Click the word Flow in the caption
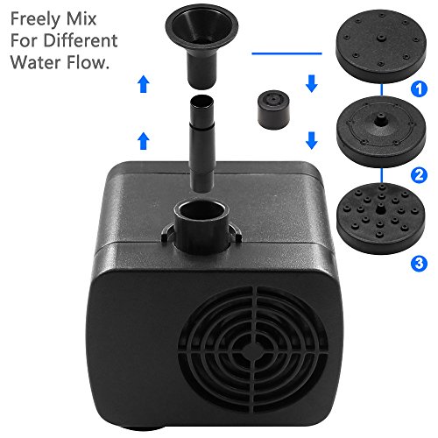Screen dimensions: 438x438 click(x=88, y=62)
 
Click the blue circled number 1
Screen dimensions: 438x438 click(x=419, y=88)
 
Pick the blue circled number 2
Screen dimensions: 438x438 click(x=419, y=175)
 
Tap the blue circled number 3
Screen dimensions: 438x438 click(x=419, y=264)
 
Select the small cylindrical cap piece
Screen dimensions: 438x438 click(x=273, y=109)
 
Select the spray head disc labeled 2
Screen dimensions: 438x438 click(x=381, y=131)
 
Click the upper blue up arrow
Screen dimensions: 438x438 click(x=143, y=84)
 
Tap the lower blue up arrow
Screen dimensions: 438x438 click(x=143, y=140)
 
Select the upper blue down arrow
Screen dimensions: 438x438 click(x=312, y=83)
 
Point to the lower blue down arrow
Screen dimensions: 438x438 click(x=312, y=140)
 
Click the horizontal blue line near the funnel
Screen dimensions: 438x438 click(x=286, y=53)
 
